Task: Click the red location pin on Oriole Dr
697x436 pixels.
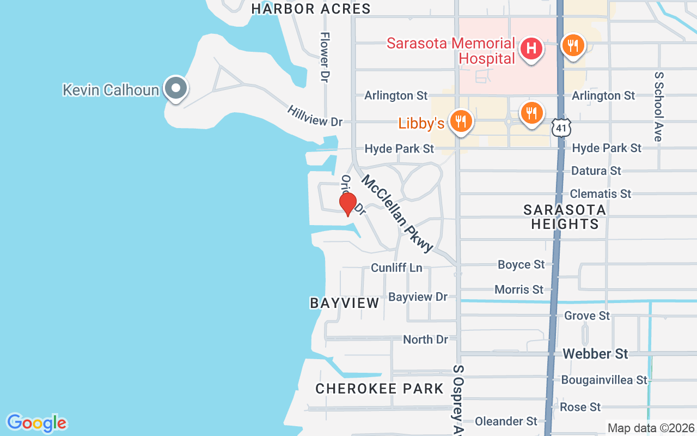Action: click(x=348, y=204)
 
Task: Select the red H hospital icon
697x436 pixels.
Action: click(x=531, y=49)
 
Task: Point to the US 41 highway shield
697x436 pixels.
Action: click(x=560, y=128)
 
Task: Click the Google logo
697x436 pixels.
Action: click(x=36, y=423)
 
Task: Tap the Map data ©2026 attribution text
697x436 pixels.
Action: click(x=651, y=428)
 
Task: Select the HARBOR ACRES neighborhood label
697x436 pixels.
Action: click(x=311, y=9)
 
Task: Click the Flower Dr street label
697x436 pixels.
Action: click(x=325, y=57)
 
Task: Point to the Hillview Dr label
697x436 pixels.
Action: click(x=315, y=116)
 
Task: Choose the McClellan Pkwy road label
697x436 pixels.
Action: click(x=397, y=213)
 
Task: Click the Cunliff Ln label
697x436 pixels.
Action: click(x=396, y=268)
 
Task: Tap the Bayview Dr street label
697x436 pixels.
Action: click(x=418, y=297)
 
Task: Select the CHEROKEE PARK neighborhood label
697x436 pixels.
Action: click(x=380, y=389)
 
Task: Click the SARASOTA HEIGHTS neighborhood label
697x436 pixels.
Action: click(x=565, y=217)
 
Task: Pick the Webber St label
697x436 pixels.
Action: click(x=595, y=354)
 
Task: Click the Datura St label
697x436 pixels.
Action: click(x=596, y=171)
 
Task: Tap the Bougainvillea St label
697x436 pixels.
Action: click(x=604, y=380)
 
